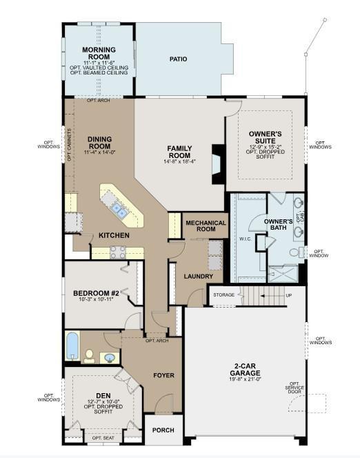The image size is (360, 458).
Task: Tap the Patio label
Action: coord(179,59)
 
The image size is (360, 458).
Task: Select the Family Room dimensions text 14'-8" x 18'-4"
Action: coord(180,161)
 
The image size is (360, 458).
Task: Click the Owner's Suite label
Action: coord(266,136)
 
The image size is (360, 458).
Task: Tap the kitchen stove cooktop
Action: coord(118,252)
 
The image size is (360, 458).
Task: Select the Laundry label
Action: coord(198,277)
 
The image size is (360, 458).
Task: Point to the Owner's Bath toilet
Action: coord(294,253)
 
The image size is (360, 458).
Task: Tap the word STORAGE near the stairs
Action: coord(223,295)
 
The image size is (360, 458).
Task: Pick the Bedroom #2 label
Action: coord(97,293)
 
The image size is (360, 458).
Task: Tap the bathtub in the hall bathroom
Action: coord(73,347)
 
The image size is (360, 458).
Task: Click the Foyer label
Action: coord(163,375)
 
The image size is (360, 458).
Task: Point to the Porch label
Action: coord(163,430)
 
